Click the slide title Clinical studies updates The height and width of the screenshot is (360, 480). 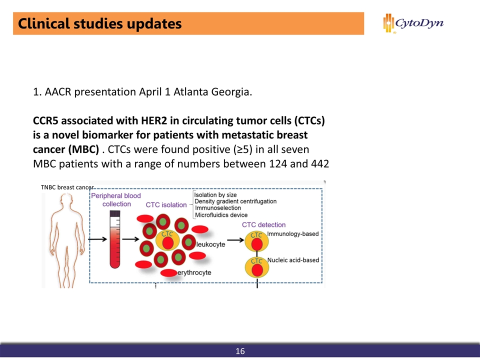coord(99,23)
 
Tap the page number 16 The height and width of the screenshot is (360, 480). coord(240,351)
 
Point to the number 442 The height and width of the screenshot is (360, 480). coord(318,163)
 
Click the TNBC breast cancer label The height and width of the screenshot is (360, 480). coord(67,187)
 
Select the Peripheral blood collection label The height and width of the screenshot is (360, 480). coord(116,200)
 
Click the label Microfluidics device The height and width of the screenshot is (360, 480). coord(220,215)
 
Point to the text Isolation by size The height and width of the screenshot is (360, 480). coord(215,194)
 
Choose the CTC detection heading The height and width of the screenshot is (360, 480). coord(263,225)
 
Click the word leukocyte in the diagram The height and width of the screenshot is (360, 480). coord(210,244)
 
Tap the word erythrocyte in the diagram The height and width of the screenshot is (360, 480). coord(194,272)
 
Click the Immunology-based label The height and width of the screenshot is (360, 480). coord(292,234)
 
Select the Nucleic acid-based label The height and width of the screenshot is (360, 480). coord(293,260)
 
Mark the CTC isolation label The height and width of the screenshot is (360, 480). coord(166,204)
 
